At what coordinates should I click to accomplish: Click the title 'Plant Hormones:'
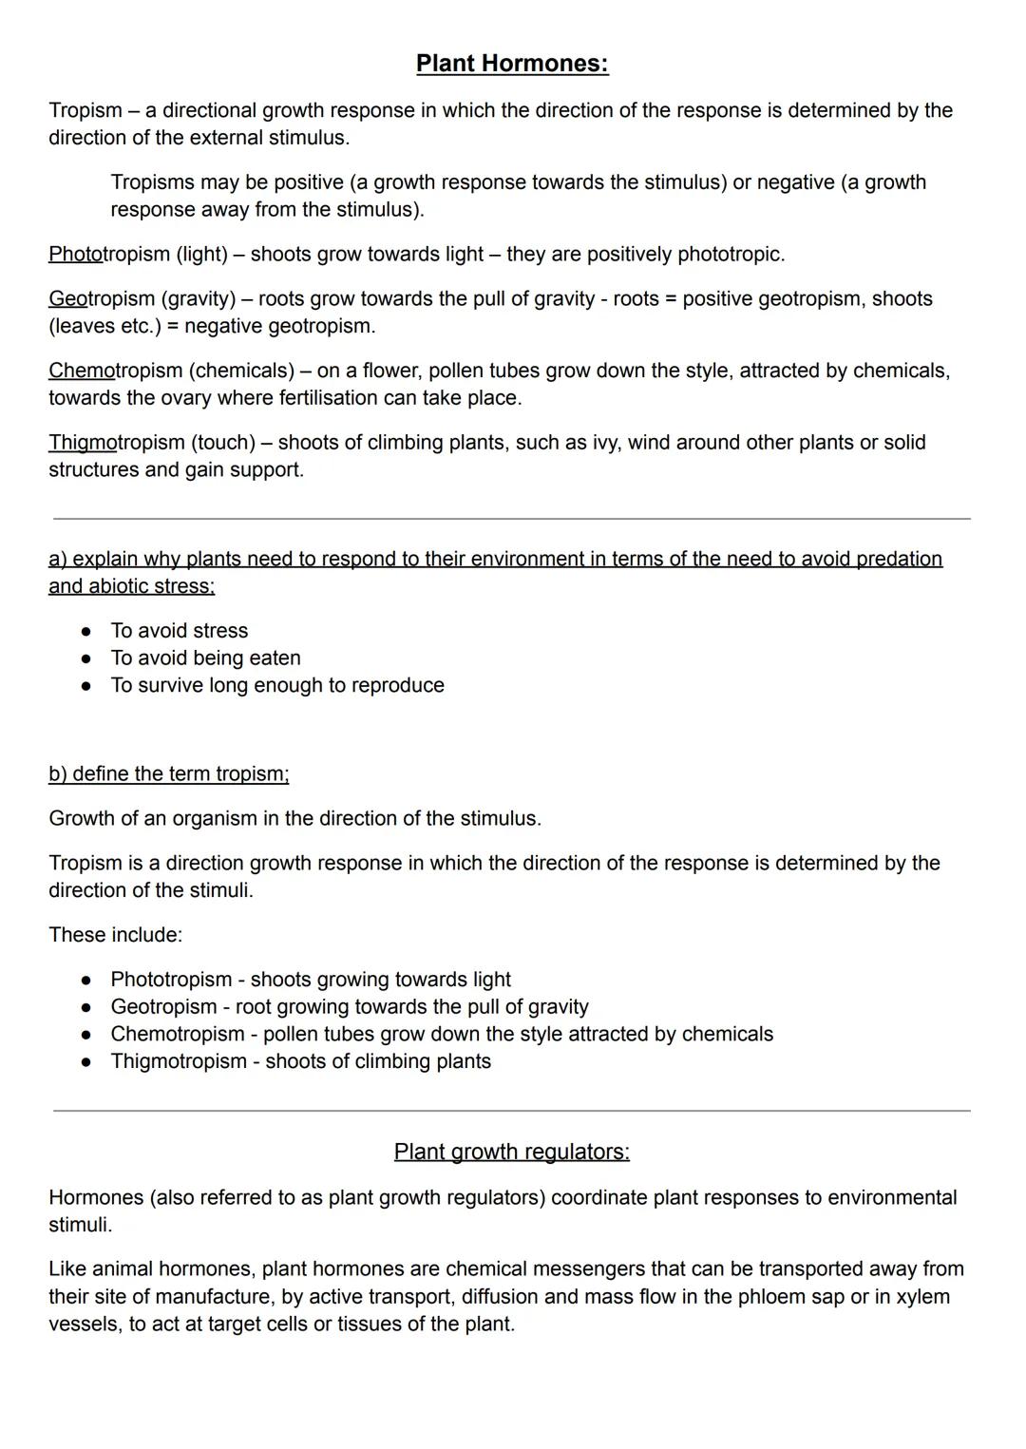512,64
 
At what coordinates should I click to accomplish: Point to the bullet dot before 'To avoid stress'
86,631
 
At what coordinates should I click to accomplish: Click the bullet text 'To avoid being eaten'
205,658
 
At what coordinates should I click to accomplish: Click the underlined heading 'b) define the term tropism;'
169,774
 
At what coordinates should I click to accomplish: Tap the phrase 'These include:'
115,935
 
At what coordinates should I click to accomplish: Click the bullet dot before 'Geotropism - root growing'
86,1007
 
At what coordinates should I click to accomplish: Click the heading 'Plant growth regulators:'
511,1152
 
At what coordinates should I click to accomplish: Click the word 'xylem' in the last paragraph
923,1297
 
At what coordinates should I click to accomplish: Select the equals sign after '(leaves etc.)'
173,327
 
